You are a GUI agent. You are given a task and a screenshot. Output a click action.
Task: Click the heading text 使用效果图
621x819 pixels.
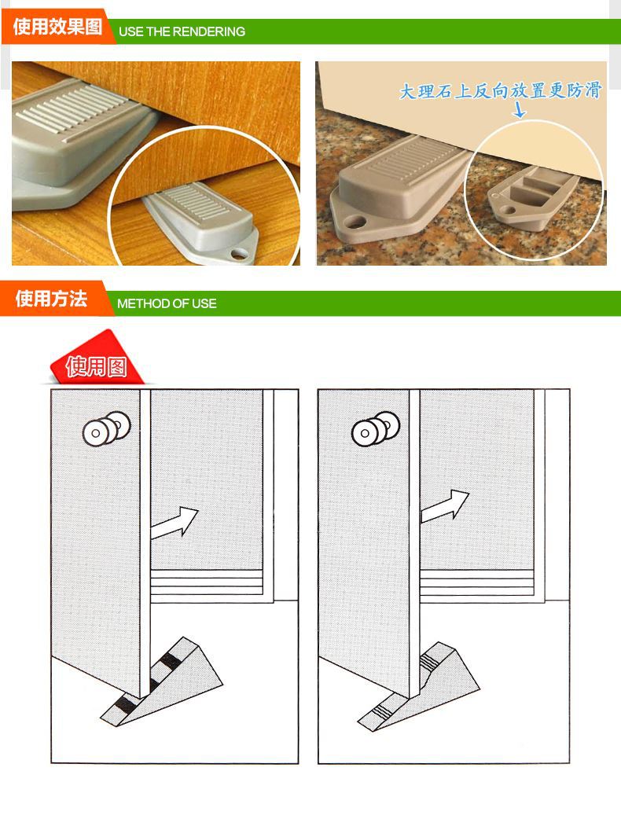coord(57,28)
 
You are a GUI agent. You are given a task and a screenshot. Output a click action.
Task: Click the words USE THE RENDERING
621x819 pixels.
coord(181,32)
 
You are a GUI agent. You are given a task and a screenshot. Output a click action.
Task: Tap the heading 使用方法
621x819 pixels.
coord(51,299)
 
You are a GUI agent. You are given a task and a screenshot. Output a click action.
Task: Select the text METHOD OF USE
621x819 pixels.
coord(167,303)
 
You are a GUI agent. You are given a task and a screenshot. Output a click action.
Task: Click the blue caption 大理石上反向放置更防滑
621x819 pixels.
coord(500,91)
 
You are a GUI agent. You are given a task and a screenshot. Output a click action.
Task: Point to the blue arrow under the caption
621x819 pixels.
coord(520,111)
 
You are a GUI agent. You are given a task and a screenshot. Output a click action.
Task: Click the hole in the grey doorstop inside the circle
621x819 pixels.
coord(241,252)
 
